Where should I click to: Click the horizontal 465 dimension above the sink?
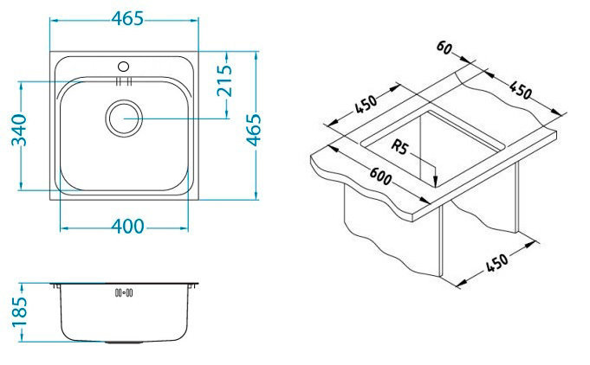pos(127,19)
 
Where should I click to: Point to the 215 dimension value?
pos(224,81)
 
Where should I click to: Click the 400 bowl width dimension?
pos(127,227)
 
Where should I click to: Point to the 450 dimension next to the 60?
pos(519,90)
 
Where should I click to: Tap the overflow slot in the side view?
pos(123,291)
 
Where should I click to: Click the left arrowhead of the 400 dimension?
pos(61,227)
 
